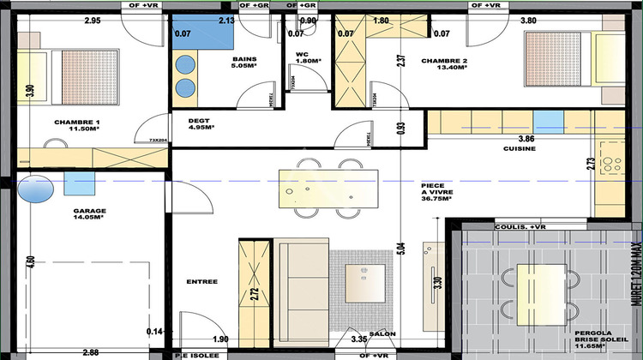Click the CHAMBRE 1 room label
pyautogui.click(x=76, y=125)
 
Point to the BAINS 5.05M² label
pyautogui.click(x=244, y=63)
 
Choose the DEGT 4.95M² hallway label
pyautogui.click(x=200, y=123)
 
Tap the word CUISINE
pyautogui.click(x=519, y=148)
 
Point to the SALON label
pyautogui.click(x=382, y=333)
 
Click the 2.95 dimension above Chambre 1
pyautogui.click(x=92, y=20)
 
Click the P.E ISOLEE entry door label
pyautogui.click(x=196, y=355)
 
